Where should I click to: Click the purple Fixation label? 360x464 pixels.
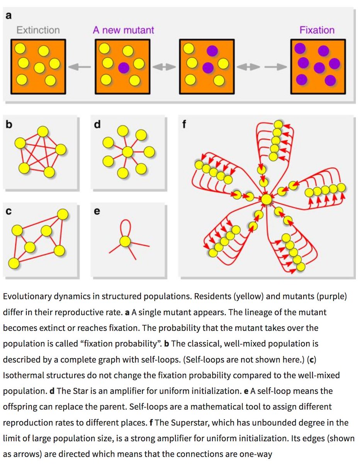[317, 30]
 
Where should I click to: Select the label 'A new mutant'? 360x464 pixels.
[123, 30]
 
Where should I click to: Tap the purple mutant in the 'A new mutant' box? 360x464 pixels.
[123, 68]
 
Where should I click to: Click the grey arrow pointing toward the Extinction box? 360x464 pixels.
[79, 67]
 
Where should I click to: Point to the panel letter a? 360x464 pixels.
[9, 16]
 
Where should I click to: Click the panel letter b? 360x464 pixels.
[8, 125]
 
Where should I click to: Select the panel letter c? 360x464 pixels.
[8, 212]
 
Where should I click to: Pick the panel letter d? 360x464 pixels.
[97, 125]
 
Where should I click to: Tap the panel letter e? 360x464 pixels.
[97, 212]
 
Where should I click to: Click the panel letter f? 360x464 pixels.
[185, 125]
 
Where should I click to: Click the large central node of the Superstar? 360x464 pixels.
[266, 200]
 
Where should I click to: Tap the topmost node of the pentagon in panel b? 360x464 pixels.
[43, 132]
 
